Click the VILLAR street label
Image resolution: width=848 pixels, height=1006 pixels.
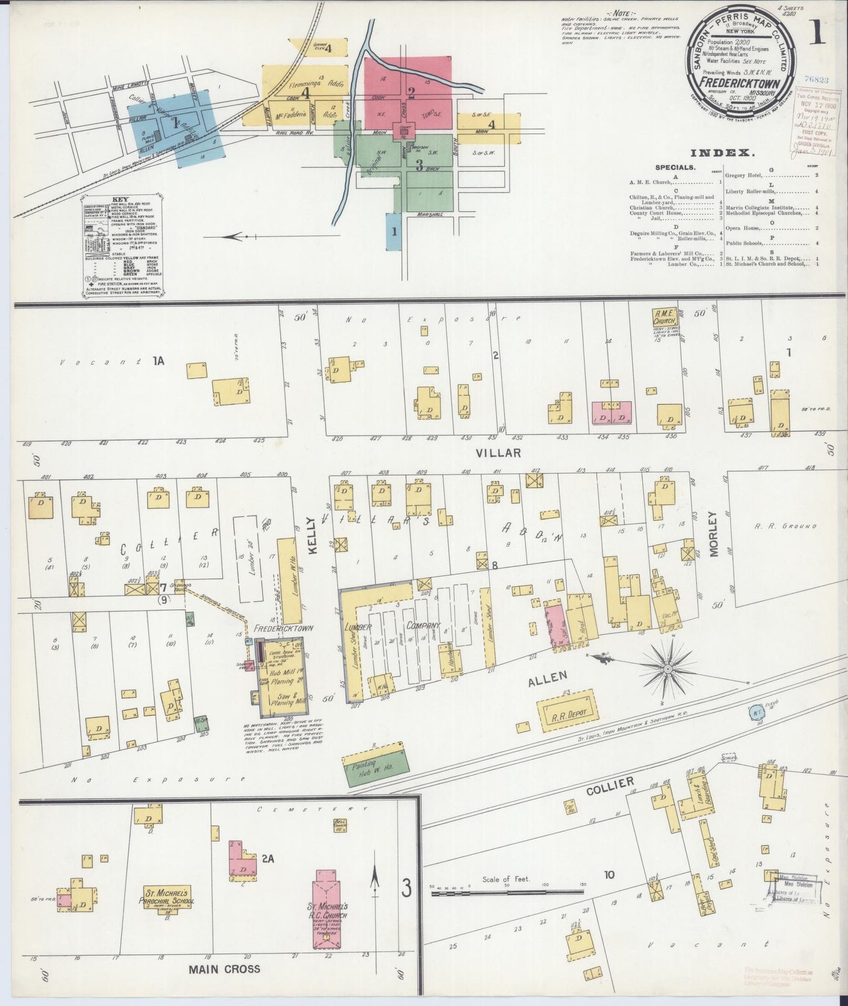pyautogui.click(x=498, y=453)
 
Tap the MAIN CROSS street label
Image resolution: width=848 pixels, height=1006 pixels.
pyautogui.click(x=224, y=968)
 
